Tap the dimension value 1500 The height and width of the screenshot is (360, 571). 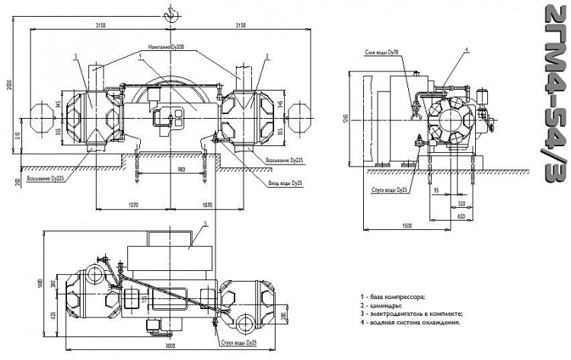[409, 227]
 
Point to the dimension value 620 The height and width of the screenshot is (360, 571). [461, 216]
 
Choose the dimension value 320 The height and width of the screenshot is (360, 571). [461, 205]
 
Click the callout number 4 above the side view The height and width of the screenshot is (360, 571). [467, 49]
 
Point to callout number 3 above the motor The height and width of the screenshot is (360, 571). [205, 224]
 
